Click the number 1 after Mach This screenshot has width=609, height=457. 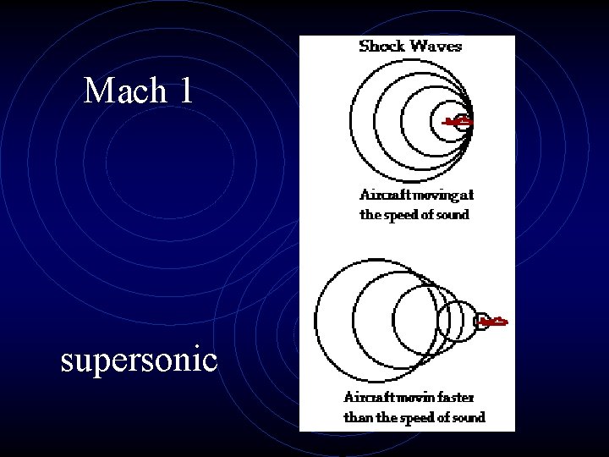[185, 91]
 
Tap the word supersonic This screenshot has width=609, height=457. [140, 361]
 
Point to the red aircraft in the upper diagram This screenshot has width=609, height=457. [460, 123]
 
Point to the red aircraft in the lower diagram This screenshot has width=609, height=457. [492, 322]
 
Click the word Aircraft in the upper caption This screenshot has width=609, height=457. [384, 195]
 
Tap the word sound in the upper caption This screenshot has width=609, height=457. [451, 214]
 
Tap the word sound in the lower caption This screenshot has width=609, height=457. [468, 416]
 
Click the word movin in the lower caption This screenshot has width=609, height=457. [415, 396]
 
